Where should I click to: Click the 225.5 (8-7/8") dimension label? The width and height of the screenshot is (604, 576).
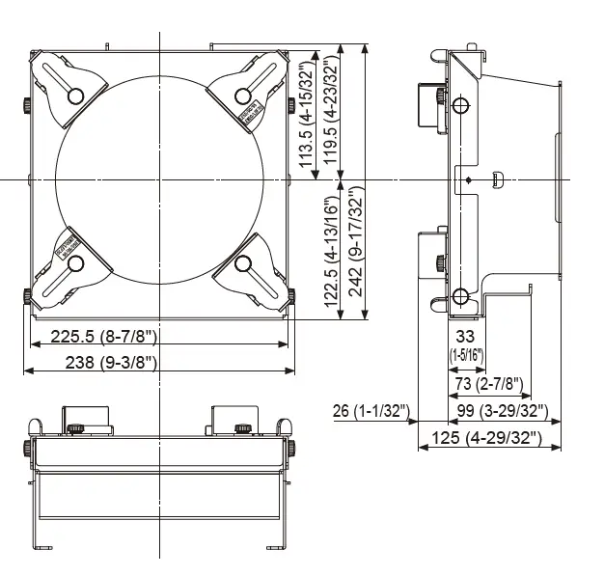point(93,337)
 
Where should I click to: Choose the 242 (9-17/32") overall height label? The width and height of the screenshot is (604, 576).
point(356,246)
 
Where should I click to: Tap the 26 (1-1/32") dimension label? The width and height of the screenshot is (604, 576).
point(371,412)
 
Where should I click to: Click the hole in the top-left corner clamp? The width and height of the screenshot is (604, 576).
point(74,94)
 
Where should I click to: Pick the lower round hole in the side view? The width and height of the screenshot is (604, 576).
point(461,296)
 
